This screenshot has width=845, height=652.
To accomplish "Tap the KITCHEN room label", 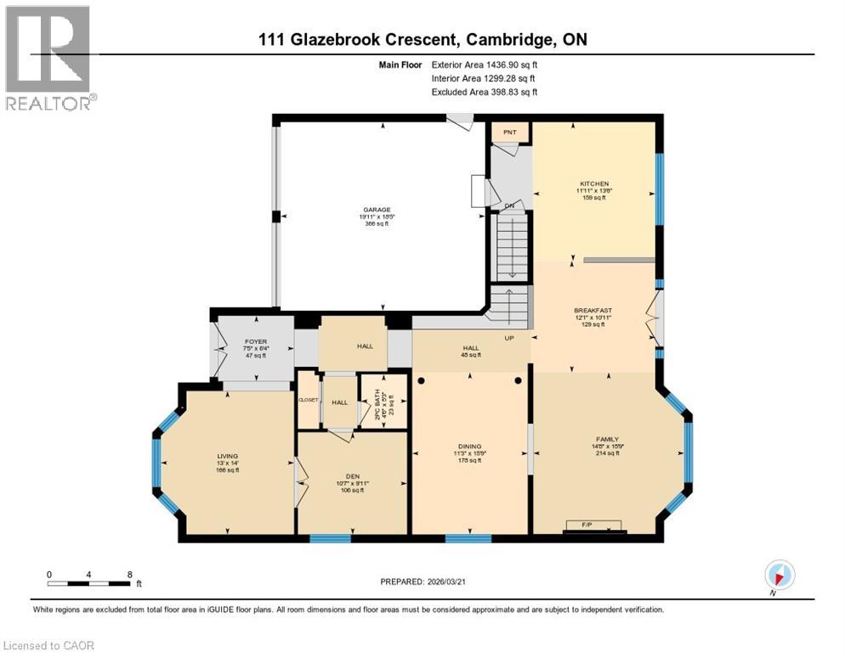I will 594,183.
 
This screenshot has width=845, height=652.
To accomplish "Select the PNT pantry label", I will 510,132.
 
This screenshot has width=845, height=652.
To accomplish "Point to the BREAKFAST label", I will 593,311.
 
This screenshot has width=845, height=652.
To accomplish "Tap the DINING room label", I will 469,447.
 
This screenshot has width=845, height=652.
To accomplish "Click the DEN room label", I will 352,476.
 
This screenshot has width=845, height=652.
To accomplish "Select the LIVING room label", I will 227,457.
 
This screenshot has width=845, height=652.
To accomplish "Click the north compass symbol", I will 780,574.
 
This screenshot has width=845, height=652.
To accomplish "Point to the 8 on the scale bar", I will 128,574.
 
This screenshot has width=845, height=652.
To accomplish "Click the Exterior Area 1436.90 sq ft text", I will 485,64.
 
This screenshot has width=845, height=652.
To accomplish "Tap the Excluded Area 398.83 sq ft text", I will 485,92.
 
